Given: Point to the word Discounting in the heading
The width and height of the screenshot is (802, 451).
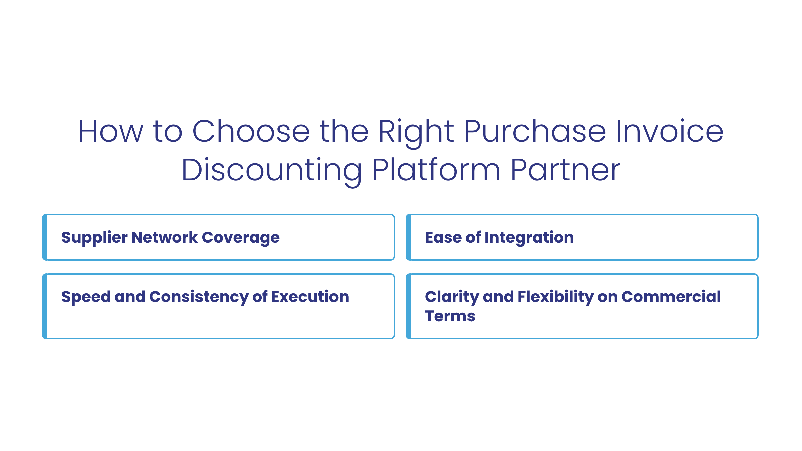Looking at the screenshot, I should click(x=271, y=170).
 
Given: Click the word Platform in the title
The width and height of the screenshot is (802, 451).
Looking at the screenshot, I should click(x=436, y=170).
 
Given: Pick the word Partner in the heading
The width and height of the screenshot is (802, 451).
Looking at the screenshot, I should click(x=565, y=170).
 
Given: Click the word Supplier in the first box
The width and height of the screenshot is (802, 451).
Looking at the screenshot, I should click(x=94, y=238).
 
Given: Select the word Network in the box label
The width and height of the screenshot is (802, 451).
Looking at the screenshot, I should click(x=164, y=237).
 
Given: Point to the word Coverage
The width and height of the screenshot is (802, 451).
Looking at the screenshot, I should click(x=241, y=238).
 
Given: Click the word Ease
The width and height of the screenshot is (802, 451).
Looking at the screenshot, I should click(x=443, y=237).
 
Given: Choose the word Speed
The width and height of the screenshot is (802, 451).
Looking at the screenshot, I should click(x=86, y=297).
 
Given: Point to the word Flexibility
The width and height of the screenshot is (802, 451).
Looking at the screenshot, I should click(x=555, y=297).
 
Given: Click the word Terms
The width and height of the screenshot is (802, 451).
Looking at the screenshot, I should click(x=450, y=316).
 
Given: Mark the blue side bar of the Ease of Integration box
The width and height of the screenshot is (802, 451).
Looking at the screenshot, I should click(x=408, y=237).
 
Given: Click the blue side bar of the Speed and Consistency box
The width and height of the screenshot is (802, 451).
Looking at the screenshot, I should click(x=45, y=306).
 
